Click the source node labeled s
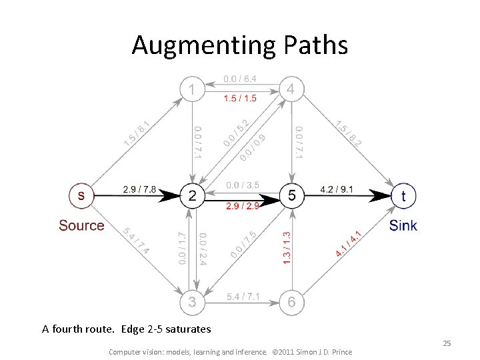click(x=81, y=195)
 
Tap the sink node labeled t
click(x=403, y=195)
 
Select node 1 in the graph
click(x=193, y=89)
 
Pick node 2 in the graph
click(x=193, y=195)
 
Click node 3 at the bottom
click(x=193, y=302)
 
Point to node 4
click(x=291, y=89)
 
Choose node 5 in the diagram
click(x=291, y=195)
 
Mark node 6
click(x=291, y=302)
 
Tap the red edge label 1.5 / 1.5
click(x=240, y=99)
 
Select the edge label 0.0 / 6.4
click(x=240, y=79)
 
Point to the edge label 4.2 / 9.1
click(x=337, y=189)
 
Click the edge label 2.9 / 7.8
click(x=139, y=189)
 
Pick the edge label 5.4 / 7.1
click(x=243, y=295)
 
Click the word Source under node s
click(x=81, y=225)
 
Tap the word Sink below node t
click(x=403, y=225)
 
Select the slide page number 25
click(x=447, y=343)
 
